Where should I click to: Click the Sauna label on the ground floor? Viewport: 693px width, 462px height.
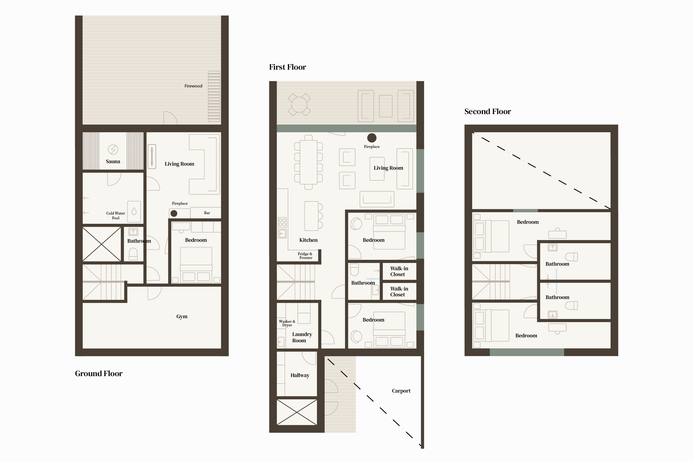(x=113, y=162)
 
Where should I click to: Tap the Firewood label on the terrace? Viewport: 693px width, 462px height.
(x=193, y=86)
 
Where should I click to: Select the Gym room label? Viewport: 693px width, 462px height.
(x=182, y=317)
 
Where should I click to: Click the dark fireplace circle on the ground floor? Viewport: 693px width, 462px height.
(x=174, y=214)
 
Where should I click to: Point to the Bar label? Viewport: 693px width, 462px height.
(x=207, y=213)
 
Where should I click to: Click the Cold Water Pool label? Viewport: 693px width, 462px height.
(x=115, y=216)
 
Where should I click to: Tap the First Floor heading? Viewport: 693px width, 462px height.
(x=288, y=67)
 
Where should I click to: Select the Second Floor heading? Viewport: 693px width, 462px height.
(x=488, y=111)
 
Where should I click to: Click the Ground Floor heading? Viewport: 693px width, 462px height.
(x=99, y=374)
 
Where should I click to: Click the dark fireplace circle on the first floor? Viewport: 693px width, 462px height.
(x=372, y=138)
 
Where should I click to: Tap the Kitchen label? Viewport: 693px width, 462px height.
(x=308, y=240)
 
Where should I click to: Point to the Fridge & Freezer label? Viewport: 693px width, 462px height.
(x=305, y=256)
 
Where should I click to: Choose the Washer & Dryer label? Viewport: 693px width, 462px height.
(x=287, y=323)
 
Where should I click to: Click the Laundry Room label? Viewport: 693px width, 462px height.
(x=302, y=338)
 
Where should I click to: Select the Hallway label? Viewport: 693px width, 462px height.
(x=300, y=375)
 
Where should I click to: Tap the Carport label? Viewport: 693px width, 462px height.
(x=401, y=391)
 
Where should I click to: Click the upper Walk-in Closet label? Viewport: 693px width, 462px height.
(x=399, y=271)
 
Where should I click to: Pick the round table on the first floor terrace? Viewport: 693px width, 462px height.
(x=299, y=105)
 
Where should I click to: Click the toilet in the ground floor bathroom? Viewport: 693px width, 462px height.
(x=133, y=254)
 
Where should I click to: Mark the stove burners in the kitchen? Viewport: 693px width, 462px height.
(x=282, y=222)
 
